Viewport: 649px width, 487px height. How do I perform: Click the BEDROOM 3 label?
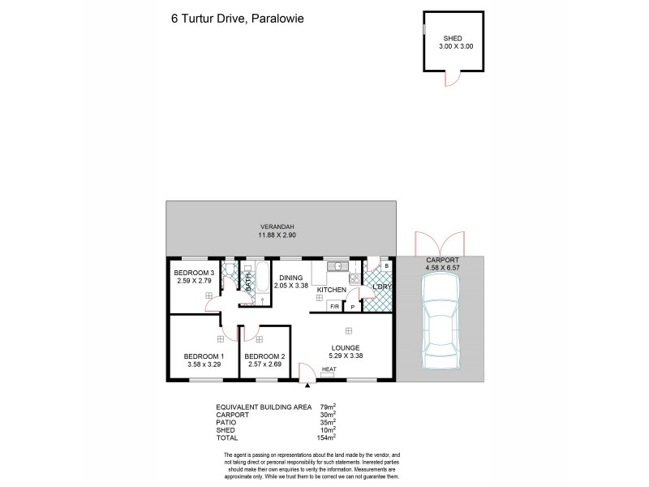[194, 273]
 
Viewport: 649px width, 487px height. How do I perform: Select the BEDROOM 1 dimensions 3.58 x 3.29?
[204, 364]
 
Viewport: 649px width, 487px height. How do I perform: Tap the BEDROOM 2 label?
[264, 356]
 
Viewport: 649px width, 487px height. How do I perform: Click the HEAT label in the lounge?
[329, 370]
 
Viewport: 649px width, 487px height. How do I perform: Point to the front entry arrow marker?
[307, 388]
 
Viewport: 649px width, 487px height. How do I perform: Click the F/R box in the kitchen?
[334, 306]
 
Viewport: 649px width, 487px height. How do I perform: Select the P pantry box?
[353, 306]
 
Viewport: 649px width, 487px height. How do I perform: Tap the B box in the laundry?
[386, 265]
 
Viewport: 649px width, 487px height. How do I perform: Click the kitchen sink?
[337, 265]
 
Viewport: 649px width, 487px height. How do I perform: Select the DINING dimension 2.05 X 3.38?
[290, 285]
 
